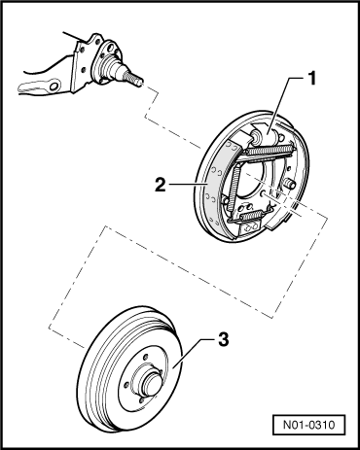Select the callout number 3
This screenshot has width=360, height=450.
click(x=224, y=341)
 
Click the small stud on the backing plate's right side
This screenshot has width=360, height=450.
click(x=292, y=182)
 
